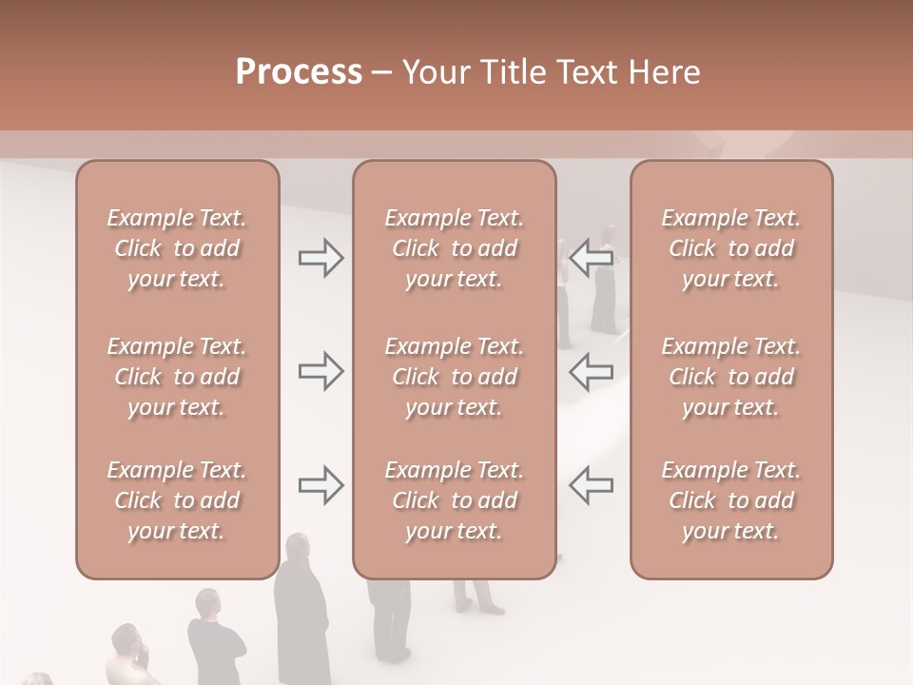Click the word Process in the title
tap(299, 72)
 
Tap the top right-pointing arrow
tap(321, 258)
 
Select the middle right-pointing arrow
tap(321, 371)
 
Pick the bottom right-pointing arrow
tap(321, 484)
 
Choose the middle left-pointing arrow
tap(591, 371)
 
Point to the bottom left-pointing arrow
tap(591, 484)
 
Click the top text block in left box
tap(177, 248)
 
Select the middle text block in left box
tap(177, 377)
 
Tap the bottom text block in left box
tap(177, 500)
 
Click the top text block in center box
tap(455, 248)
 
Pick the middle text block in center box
tap(455, 377)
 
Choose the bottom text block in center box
tap(455, 500)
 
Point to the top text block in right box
tap(731, 248)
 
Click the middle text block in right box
tap(731, 377)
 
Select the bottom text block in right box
tap(731, 500)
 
